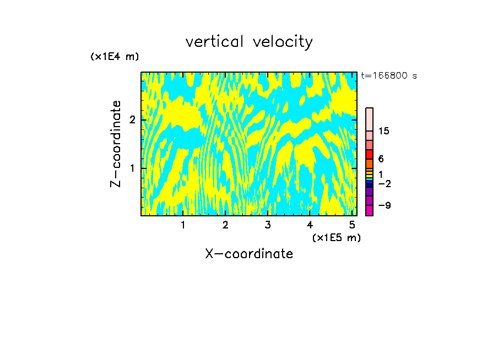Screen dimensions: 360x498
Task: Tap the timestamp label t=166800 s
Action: coord(389,75)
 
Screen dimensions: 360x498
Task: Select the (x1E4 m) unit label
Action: coord(115,57)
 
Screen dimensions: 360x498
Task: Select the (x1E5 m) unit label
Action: coord(336,237)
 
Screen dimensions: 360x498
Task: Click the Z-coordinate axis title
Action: coord(116,144)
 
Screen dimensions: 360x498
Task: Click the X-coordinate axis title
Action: coord(249,254)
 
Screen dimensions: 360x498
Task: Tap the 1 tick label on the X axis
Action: coord(183,225)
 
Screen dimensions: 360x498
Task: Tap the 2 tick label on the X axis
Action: coord(225,225)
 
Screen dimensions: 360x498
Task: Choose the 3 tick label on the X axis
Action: coord(268,225)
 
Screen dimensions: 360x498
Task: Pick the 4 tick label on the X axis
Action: coord(310,225)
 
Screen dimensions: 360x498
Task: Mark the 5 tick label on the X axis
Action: coord(352,225)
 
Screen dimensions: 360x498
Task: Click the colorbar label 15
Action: coord(384,131)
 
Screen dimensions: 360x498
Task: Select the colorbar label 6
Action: coord(381,159)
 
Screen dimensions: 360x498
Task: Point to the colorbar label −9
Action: coord(384,205)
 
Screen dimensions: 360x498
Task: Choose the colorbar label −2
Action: coord(384,183)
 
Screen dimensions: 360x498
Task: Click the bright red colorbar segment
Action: coord(370,154)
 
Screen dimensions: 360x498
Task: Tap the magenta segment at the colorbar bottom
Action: coord(370,210)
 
